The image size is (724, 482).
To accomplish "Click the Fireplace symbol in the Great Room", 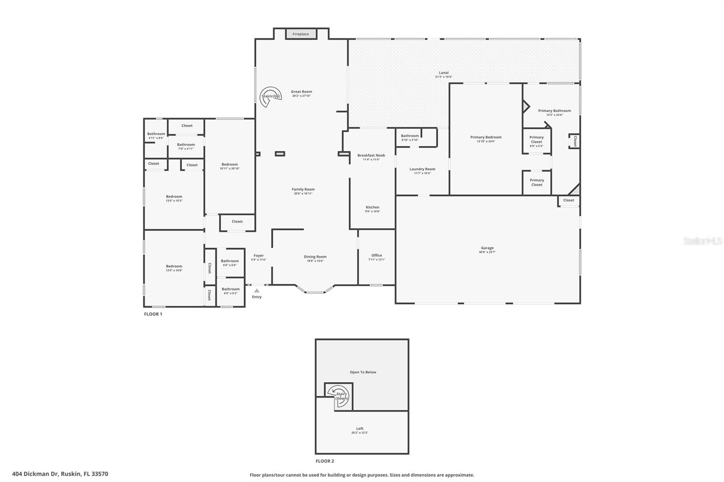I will point(300,34).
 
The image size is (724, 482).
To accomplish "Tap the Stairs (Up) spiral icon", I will point(271,96).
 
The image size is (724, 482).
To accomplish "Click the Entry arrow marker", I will point(257,291).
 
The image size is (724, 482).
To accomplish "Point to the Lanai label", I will point(443,72).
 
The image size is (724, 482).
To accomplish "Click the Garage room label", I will point(487,248).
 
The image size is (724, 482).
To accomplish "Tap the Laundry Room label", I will point(422,169).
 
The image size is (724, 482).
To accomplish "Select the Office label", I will point(376,255).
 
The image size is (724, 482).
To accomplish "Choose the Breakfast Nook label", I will point(371,155).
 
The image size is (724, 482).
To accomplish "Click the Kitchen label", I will point(372,207).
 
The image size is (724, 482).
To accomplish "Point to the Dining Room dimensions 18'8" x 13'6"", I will point(315,261).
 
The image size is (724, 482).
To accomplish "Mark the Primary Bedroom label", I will point(486,137).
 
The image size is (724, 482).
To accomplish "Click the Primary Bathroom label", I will point(554,110).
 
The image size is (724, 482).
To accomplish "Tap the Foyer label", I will point(258,255).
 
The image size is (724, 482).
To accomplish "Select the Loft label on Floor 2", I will point(360,428).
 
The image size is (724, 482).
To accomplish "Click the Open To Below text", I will point(363,372).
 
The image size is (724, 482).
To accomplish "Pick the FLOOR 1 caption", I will point(153,314).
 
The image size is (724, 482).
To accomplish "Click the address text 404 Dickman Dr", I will point(60,474).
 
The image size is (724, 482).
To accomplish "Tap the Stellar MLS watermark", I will point(702,241).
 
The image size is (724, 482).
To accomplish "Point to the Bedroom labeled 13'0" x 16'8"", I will point(174,268).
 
